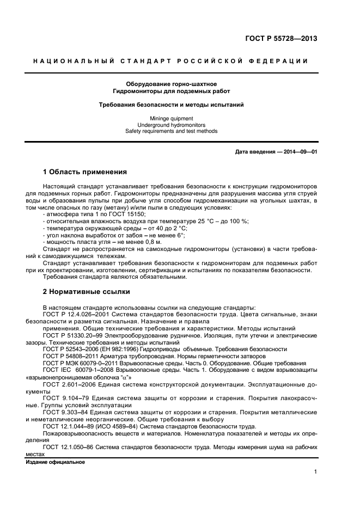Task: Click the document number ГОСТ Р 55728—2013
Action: [x=281, y=39]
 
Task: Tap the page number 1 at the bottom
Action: [x=315, y=473]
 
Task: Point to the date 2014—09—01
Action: [x=299, y=152]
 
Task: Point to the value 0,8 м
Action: [x=135, y=242]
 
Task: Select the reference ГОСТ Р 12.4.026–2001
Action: [x=74, y=314]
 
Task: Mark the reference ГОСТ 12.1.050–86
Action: [x=66, y=447]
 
